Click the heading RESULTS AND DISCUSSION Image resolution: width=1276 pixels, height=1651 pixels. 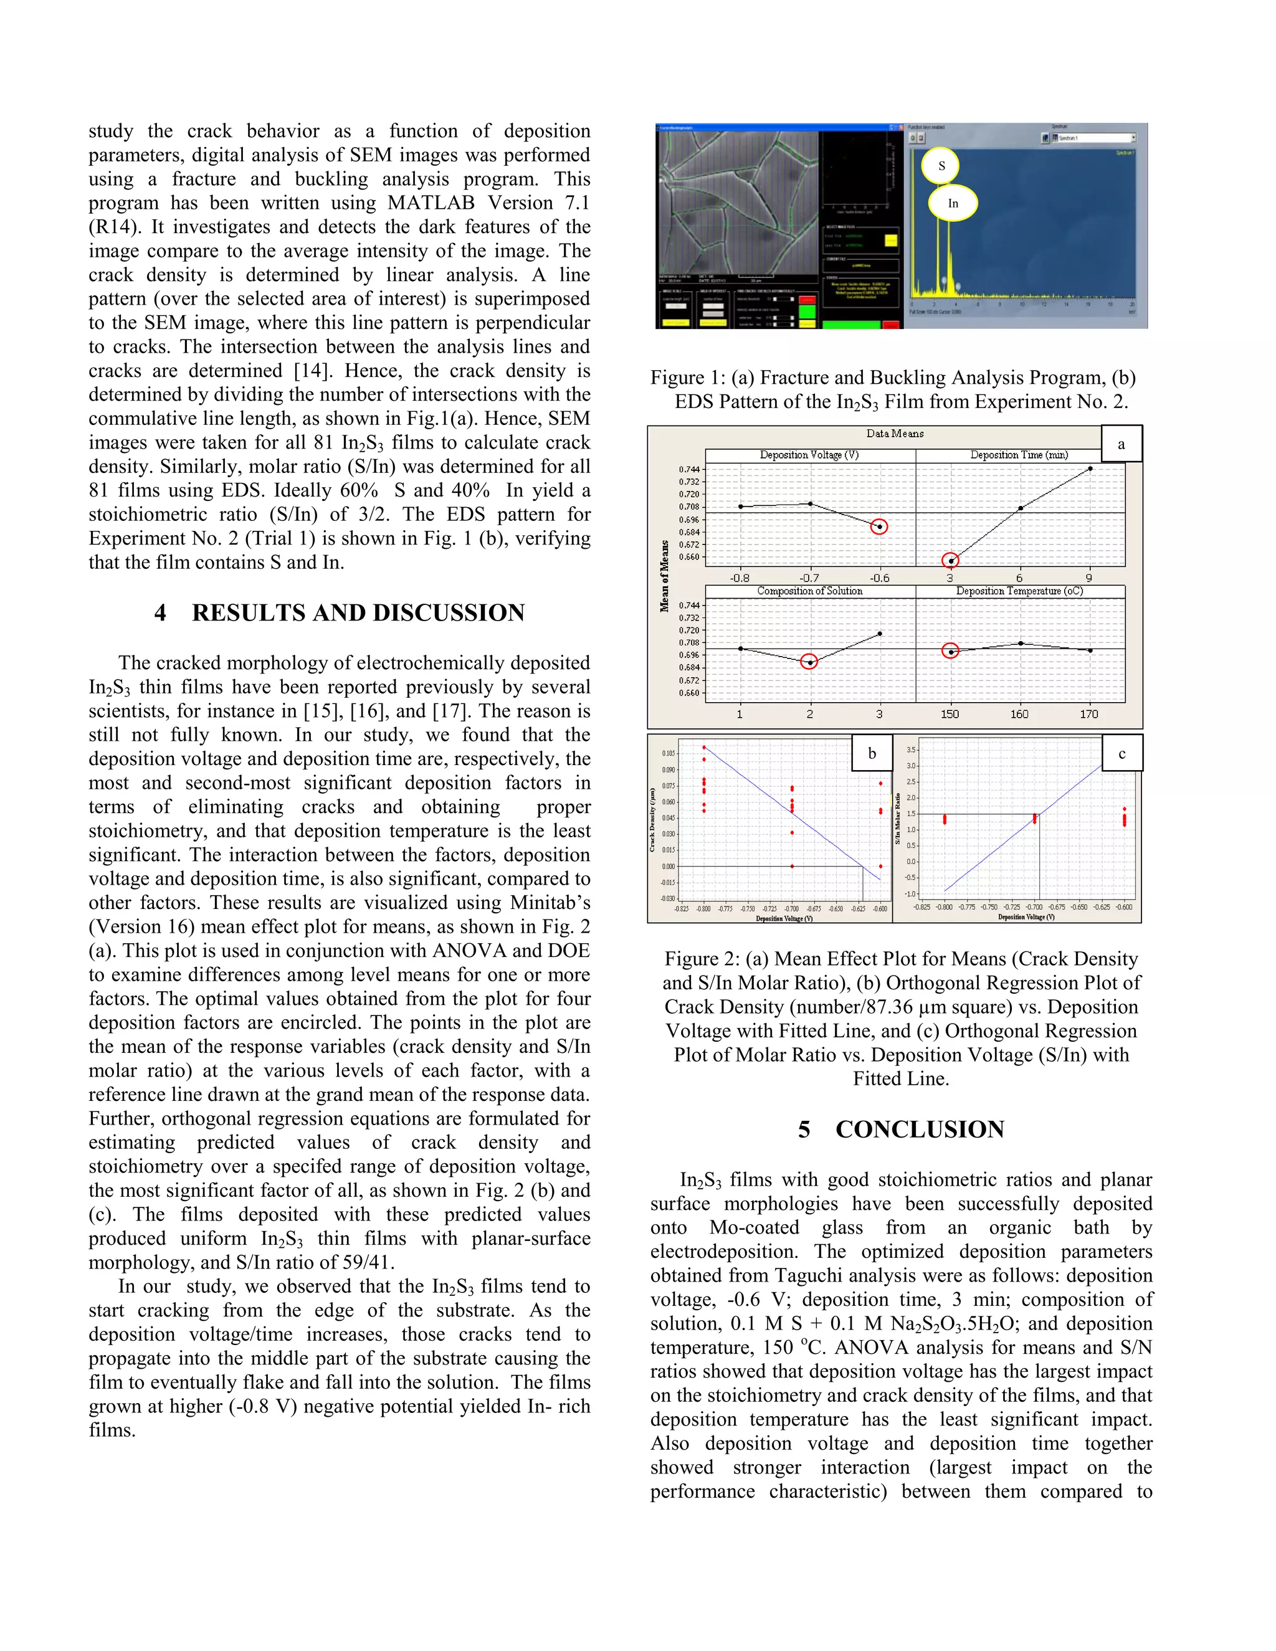pos(358,612)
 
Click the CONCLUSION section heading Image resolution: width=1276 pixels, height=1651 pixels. pos(919,1130)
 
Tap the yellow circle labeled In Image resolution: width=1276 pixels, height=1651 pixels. pos(953,202)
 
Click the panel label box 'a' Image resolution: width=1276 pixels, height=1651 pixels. pos(1120,444)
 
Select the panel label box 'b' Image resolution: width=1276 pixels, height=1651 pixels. pos(872,753)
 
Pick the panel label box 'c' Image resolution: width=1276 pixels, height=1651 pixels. pos(1121,753)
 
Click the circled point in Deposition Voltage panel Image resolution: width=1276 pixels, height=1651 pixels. pos(879,526)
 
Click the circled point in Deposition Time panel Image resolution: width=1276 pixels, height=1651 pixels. pos(950,560)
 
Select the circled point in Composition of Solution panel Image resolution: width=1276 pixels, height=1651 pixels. pos(809,662)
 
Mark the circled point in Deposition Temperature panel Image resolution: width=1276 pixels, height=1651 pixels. pos(950,651)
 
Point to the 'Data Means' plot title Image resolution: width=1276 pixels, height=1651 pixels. pos(895,433)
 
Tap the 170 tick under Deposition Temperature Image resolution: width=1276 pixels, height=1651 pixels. pos(1088,713)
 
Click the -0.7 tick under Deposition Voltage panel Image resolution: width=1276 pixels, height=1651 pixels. pos(809,578)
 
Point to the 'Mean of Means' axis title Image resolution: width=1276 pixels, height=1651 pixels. pos(664,576)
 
